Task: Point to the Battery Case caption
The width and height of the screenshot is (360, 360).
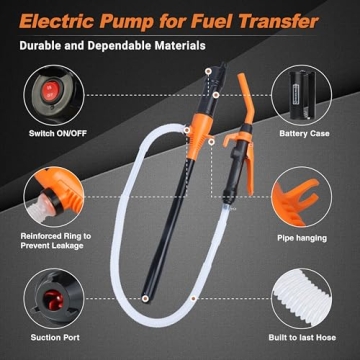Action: pos(308,130)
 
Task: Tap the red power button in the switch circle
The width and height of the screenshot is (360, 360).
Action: pos(47,87)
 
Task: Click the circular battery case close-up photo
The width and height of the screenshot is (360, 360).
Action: pos(308,89)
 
